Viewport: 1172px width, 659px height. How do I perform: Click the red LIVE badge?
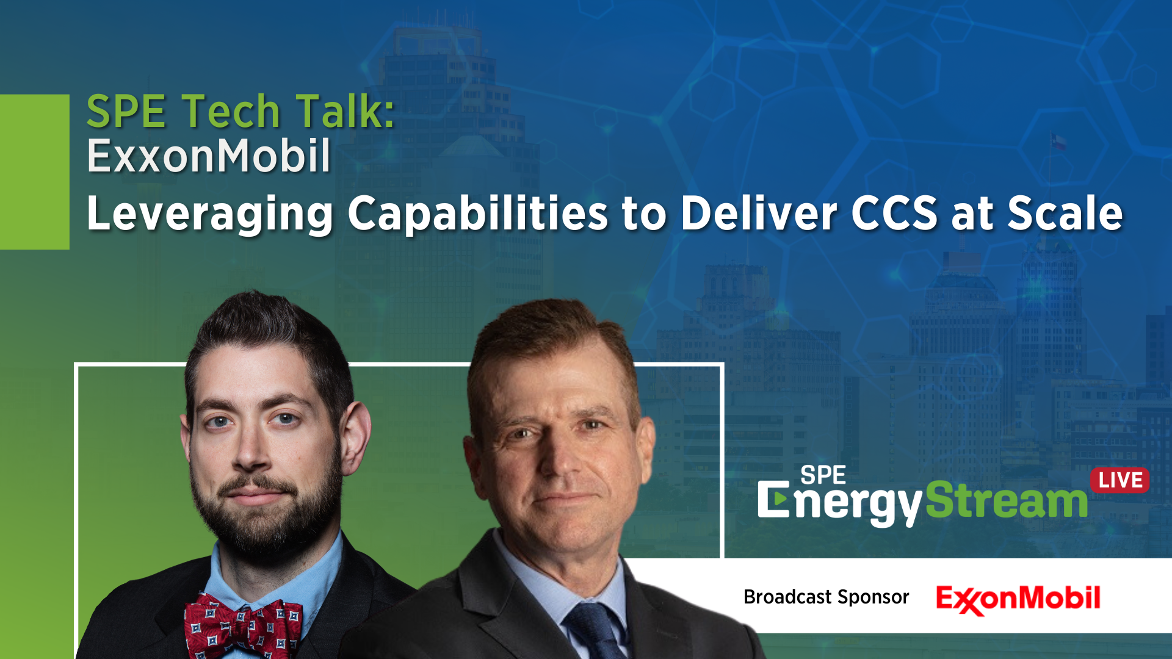1120,480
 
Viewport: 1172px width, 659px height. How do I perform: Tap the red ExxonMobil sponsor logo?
1018,599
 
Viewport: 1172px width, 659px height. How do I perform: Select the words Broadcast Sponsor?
826,597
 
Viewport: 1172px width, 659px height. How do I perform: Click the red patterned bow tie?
243,626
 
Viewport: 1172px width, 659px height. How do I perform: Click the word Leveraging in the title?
210,215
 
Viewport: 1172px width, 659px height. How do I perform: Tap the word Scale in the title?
1065,213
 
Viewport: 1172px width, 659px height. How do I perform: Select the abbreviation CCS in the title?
894,213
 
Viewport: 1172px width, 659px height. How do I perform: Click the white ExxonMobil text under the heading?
209,156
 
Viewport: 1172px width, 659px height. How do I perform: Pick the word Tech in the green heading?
230,111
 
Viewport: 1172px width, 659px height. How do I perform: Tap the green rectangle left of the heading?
35,171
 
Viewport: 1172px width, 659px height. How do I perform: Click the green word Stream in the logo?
1007,500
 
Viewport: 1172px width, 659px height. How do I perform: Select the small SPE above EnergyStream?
823,475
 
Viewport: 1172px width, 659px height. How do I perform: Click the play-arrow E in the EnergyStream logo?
773,500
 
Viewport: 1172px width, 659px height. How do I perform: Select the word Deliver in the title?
759,213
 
